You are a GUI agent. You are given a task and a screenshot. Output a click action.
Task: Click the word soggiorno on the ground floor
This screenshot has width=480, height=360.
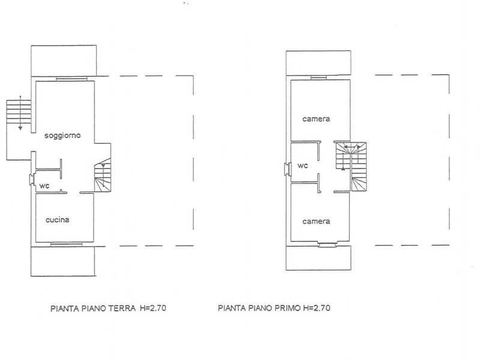[62, 136]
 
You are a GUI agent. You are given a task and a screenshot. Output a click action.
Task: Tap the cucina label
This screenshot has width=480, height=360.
[57, 220]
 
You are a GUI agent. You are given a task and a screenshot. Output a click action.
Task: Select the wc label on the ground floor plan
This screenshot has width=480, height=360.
[44, 186]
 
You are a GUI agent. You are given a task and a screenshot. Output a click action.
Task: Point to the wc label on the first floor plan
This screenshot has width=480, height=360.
[303, 166]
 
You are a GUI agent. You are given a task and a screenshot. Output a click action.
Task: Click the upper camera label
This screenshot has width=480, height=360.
[316, 119]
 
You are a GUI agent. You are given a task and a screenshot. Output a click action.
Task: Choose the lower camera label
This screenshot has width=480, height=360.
[316, 221]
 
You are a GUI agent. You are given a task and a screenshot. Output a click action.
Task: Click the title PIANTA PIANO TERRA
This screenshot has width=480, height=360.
[93, 308]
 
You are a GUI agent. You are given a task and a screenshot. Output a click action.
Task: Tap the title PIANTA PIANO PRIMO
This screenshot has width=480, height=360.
[259, 308]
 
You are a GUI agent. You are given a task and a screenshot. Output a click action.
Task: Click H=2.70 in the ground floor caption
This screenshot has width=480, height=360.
[153, 308]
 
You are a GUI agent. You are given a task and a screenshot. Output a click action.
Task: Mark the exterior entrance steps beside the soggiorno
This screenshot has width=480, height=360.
[19, 112]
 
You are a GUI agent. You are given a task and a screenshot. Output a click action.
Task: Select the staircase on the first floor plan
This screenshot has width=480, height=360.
[351, 167]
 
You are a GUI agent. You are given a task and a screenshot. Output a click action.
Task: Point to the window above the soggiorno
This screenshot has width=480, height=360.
[71, 79]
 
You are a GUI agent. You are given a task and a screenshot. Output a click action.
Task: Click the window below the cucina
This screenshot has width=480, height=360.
[67, 244]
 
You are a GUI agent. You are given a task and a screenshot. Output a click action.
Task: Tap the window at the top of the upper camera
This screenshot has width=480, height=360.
[319, 78]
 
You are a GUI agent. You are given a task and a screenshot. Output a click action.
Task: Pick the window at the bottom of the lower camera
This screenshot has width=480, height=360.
[327, 244]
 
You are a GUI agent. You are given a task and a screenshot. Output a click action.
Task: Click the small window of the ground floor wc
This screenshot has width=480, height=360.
[31, 179]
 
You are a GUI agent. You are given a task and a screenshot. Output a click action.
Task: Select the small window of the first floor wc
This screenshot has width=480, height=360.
[287, 169]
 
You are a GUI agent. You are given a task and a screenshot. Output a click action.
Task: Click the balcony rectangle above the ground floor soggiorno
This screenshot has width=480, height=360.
[64, 61]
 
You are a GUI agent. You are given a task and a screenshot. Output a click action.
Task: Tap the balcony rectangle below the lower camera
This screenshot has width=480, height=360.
[319, 258]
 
